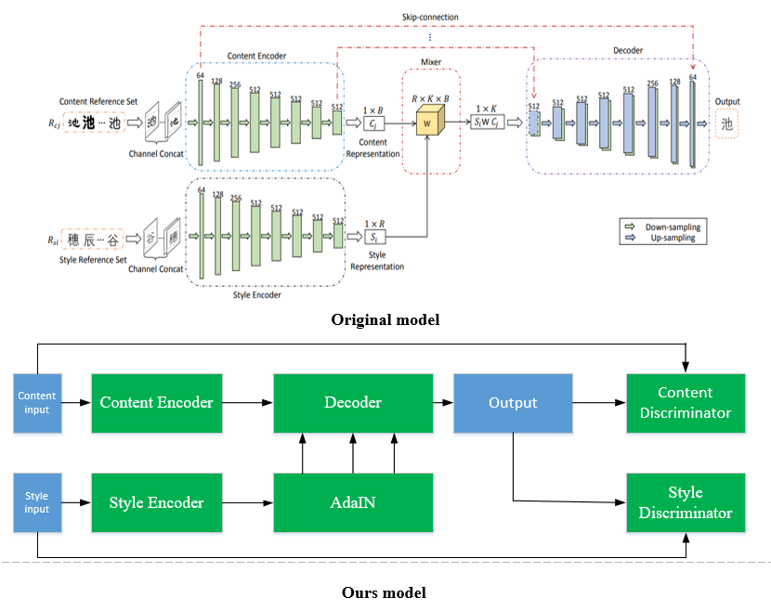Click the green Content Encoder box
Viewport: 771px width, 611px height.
point(156,403)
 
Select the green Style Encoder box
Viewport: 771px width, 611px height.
point(156,502)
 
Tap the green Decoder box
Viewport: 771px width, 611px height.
point(353,403)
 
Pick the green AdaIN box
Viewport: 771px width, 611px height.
point(353,502)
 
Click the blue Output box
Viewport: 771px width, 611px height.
point(513,403)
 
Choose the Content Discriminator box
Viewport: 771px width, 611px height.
point(685,403)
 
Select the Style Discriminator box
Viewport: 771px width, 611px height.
point(685,502)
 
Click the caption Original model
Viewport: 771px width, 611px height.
point(385,320)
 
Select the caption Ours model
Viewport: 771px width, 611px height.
point(384,592)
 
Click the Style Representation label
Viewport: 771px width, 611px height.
point(377,260)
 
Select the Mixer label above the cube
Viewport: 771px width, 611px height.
point(429,63)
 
